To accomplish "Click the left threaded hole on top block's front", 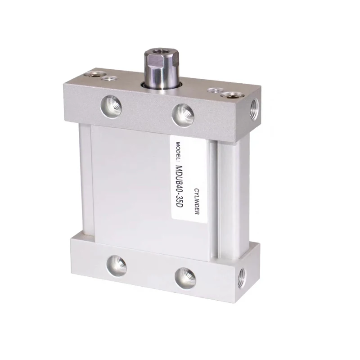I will [x=111, y=106].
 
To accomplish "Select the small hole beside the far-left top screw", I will [x=108, y=79].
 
